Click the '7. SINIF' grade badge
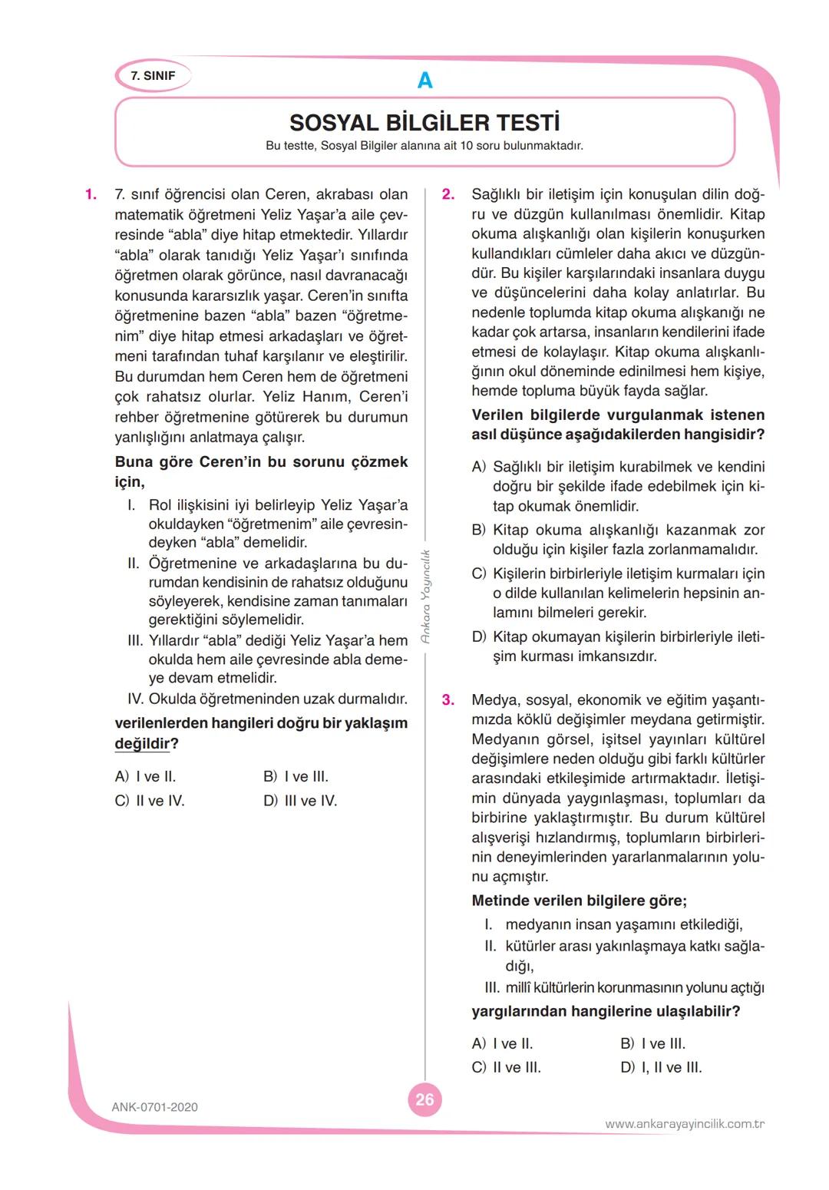[153, 76]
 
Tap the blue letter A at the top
[424, 80]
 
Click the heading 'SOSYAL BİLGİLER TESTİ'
[424, 123]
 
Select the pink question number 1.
[91, 194]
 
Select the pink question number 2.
[448, 194]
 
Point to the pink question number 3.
[448, 699]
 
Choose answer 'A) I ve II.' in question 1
[146, 776]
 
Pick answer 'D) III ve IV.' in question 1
[300, 801]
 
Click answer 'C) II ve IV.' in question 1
[150, 801]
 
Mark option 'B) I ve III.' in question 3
[652, 1043]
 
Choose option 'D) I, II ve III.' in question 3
[661, 1067]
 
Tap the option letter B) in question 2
[479, 530]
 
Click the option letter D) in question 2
[479, 636]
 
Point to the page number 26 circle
[424, 1099]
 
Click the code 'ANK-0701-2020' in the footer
[154, 1107]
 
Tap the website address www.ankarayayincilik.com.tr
[685, 1124]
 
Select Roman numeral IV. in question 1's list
[137, 699]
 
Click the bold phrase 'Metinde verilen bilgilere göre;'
[579, 901]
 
